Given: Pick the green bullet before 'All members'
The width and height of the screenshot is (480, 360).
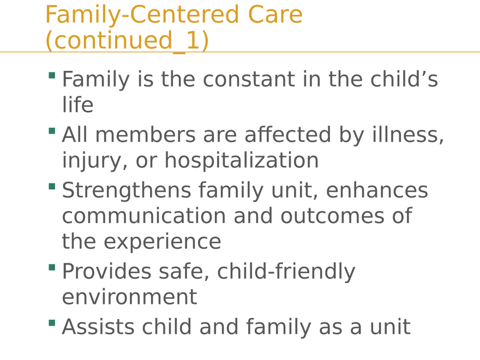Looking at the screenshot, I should coord(51,130).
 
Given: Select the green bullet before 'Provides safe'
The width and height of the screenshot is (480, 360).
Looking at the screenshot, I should coord(51,267).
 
